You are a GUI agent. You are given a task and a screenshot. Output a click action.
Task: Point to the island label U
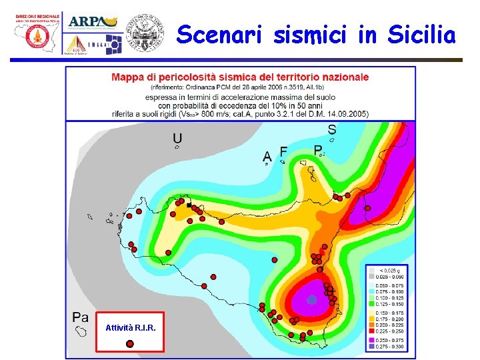tap(177, 138)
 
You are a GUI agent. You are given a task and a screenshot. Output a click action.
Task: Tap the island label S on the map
tap(331, 129)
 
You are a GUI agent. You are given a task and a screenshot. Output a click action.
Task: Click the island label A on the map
tap(267, 156)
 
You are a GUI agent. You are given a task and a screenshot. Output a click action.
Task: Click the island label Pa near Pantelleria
tap(81, 317)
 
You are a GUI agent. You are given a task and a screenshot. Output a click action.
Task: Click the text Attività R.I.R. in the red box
tap(131, 328)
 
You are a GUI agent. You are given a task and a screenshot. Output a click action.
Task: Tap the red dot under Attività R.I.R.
tap(130, 343)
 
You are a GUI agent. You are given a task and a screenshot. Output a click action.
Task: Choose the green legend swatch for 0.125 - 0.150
tap(371, 303)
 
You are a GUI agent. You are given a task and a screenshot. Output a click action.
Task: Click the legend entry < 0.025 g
tap(391, 270)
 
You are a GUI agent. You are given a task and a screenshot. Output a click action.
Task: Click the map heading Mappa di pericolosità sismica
tap(239, 77)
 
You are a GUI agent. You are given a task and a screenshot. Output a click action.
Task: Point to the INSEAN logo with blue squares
tap(110, 45)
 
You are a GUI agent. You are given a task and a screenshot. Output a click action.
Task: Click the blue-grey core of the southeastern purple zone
tap(311, 300)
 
